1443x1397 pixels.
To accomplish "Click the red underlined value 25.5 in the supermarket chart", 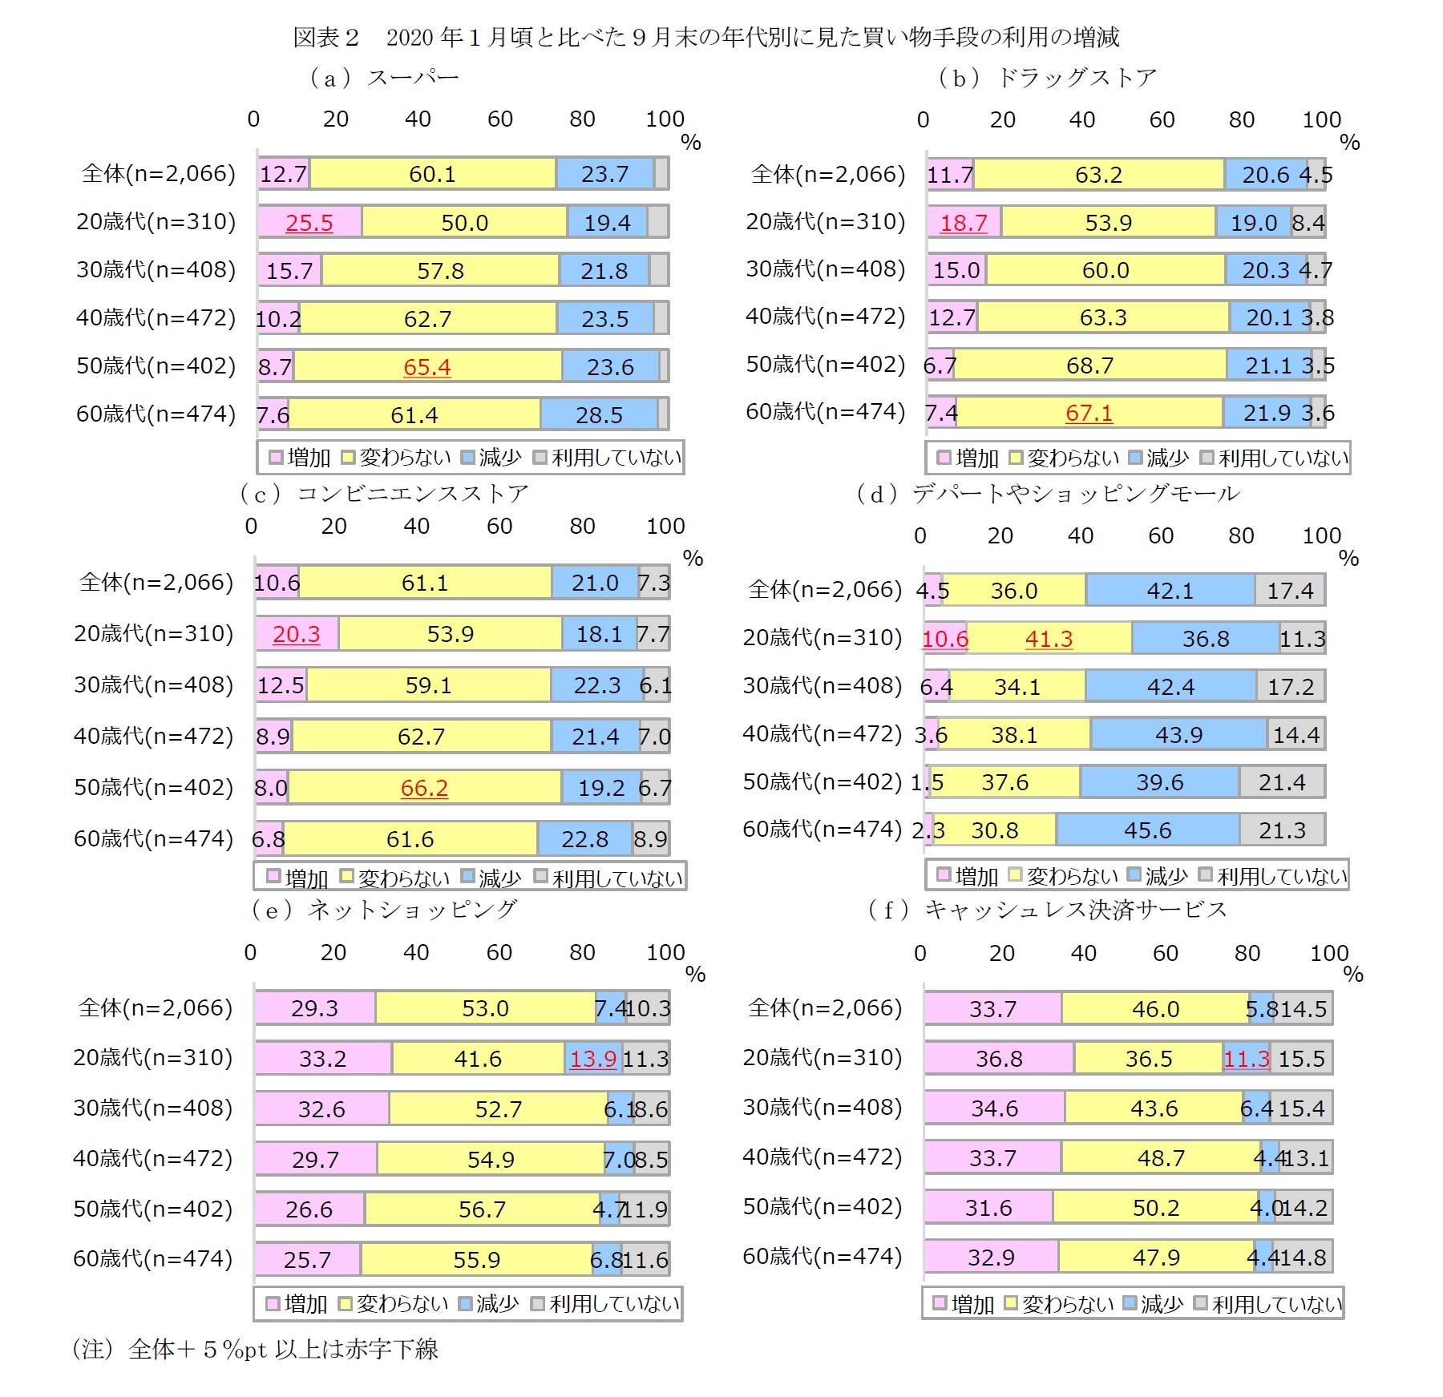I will pyautogui.click(x=309, y=223).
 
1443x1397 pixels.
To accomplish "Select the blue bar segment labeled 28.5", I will pyautogui.click(x=599, y=415).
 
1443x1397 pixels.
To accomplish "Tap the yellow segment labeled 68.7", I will pyautogui.click(x=1089, y=365).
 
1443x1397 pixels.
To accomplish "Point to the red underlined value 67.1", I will pyautogui.click(x=1089, y=414).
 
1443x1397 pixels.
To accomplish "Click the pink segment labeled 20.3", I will pyautogui.click(x=296, y=634).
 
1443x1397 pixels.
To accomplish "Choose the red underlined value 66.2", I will pyautogui.click(x=424, y=788).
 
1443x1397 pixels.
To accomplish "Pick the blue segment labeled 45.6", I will pyautogui.click(x=1147, y=830).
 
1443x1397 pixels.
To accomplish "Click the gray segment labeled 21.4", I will pyautogui.click(x=1281, y=782).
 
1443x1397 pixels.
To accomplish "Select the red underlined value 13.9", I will pyautogui.click(x=592, y=1059).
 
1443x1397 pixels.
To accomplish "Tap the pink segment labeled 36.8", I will pyautogui.click(x=998, y=1059).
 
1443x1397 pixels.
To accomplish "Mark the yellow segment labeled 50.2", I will pyautogui.click(x=1155, y=1208).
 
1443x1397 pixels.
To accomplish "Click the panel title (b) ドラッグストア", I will pyautogui.click(x=1047, y=78).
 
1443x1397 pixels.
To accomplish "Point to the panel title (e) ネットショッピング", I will pyautogui.click(x=384, y=909).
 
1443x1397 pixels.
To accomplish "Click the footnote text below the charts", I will pyautogui.click(x=256, y=1349).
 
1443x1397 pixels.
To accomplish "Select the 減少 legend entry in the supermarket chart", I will pyautogui.click(x=491, y=458).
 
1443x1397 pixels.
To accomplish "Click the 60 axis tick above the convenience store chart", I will pyautogui.click(x=499, y=527).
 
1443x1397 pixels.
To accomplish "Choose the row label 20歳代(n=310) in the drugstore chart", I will pyautogui.click(x=825, y=222).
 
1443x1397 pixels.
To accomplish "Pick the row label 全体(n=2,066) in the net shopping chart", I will pyautogui.click(x=156, y=1007).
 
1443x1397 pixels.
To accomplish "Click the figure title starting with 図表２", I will pyautogui.click(x=705, y=37).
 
